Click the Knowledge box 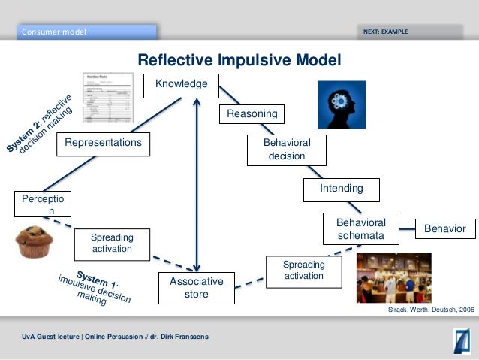tap(181, 85)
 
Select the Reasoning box tap(252, 114)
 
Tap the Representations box tap(104, 141)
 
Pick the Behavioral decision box tap(286, 150)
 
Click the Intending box tap(342, 189)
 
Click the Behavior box tap(445, 228)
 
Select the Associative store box tap(196, 288)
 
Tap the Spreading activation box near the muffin tap(112, 243)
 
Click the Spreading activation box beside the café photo tap(303, 271)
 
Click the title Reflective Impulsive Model tap(239, 60)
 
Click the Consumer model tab tap(86, 32)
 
